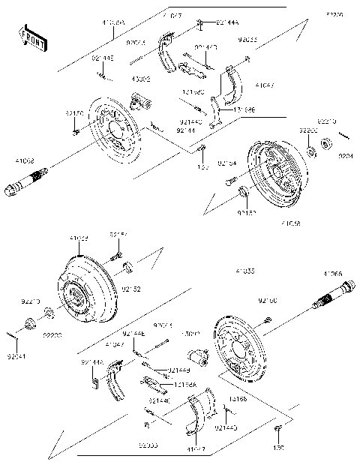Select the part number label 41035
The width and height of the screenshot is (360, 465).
click(244, 271)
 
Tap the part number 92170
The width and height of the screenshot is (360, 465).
click(74, 112)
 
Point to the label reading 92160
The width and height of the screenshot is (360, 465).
click(268, 301)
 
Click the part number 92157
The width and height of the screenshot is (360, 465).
click(118, 235)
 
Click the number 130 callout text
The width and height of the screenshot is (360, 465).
click(279, 448)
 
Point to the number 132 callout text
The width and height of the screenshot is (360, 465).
click(202, 167)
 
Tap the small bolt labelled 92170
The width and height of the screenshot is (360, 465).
click(78, 132)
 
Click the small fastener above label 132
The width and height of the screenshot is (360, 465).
click(201, 149)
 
